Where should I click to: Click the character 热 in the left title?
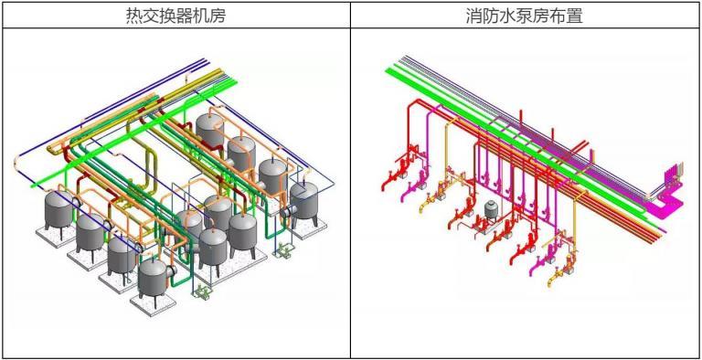coord(134,16)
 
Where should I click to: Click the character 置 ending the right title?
coord(571,16)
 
